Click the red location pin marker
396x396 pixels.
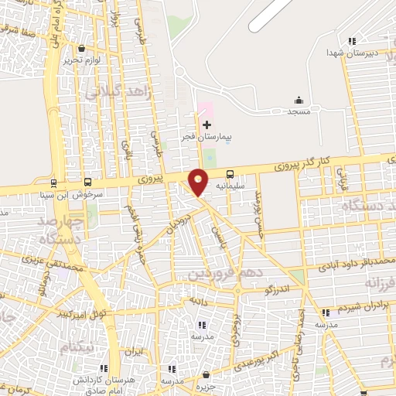[199, 181]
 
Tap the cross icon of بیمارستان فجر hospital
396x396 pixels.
[207, 125]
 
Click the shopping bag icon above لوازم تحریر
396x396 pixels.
[81, 49]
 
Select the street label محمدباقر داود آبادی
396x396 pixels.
[354, 264]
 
